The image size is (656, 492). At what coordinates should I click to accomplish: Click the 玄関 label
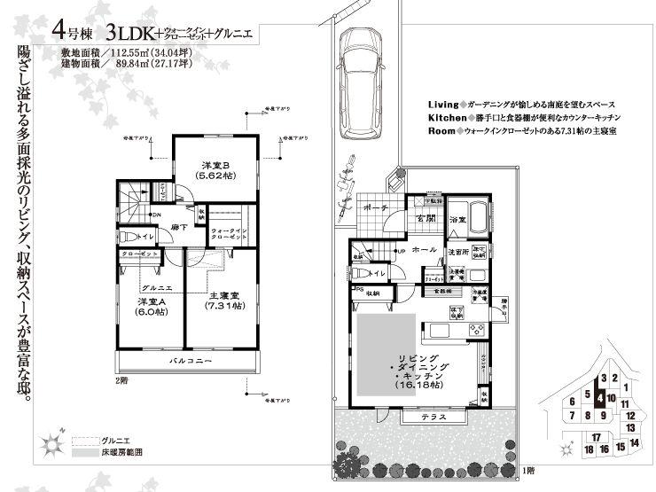point(425,219)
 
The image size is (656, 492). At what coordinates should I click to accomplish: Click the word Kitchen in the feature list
point(447,117)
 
